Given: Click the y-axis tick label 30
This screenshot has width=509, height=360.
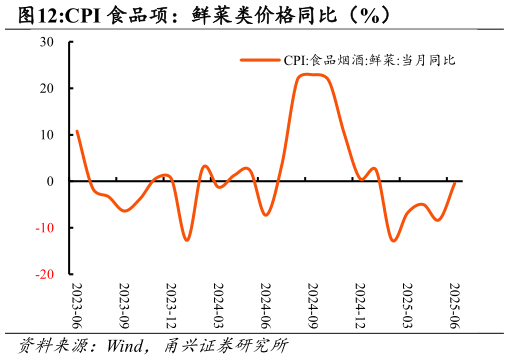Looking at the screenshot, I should click(47, 42).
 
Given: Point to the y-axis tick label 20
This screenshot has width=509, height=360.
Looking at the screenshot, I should click(47, 88).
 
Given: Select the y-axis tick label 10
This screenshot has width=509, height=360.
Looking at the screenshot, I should click(47, 135).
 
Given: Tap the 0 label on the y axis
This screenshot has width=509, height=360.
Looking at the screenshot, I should click(50, 181).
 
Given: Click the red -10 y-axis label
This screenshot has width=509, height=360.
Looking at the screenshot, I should click(45, 228).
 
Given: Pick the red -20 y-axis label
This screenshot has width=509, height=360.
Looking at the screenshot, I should click(45, 274).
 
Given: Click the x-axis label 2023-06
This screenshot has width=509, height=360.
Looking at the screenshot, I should click(77, 305).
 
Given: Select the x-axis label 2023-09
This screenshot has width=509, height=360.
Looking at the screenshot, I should click(124, 305).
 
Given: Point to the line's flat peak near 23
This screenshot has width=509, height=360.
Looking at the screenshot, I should click(312, 75).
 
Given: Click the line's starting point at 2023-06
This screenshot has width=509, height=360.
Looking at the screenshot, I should click(77, 131).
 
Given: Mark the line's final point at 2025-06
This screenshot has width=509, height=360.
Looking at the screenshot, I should click(455, 182).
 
